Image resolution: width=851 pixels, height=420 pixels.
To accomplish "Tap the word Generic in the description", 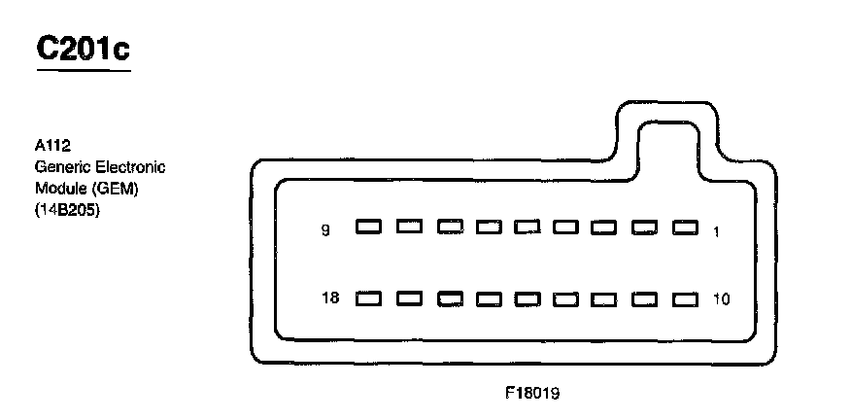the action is pyautogui.click(x=59, y=167).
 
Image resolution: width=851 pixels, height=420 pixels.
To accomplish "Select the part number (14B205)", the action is pyautogui.click(x=67, y=208).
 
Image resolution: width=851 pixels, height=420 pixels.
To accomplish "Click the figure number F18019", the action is pyautogui.click(x=532, y=395).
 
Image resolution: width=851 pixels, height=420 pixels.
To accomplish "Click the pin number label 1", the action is pyautogui.click(x=716, y=230).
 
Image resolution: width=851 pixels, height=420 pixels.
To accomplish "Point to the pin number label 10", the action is pyautogui.click(x=720, y=299).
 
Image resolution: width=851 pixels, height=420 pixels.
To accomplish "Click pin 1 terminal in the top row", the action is pyautogui.click(x=686, y=227).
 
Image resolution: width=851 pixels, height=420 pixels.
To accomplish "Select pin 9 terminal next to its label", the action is pyautogui.click(x=368, y=227).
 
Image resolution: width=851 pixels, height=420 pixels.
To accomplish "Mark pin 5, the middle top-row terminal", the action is pyautogui.click(x=528, y=227).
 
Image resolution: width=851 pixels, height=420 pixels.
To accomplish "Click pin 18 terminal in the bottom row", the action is pyautogui.click(x=368, y=298).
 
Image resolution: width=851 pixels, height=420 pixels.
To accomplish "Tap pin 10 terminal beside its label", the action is pyautogui.click(x=686, y=298).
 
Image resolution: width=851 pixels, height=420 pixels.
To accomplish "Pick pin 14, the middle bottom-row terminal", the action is pyautogui.click(x=528, y=298).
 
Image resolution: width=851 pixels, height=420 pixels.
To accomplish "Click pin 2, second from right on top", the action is pyautogui.click(x=646, y=227).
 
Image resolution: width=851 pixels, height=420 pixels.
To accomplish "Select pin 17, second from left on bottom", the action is pyautogui.click(x=408, y=298).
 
